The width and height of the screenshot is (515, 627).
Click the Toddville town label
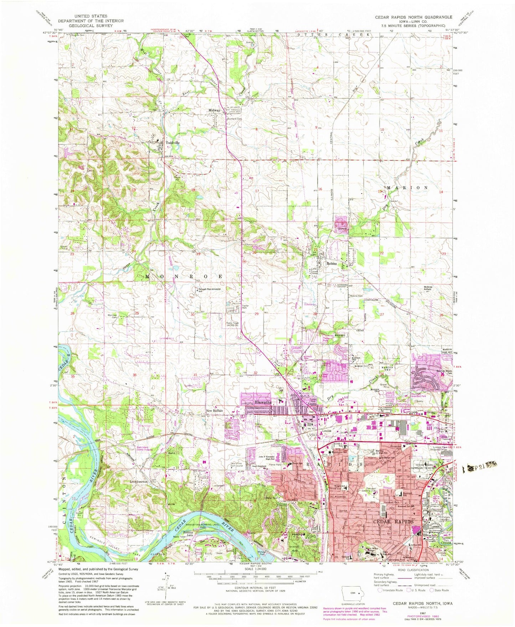(x=172, y=143)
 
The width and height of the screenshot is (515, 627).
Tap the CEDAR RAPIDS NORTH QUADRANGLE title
(x=413, y=17)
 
